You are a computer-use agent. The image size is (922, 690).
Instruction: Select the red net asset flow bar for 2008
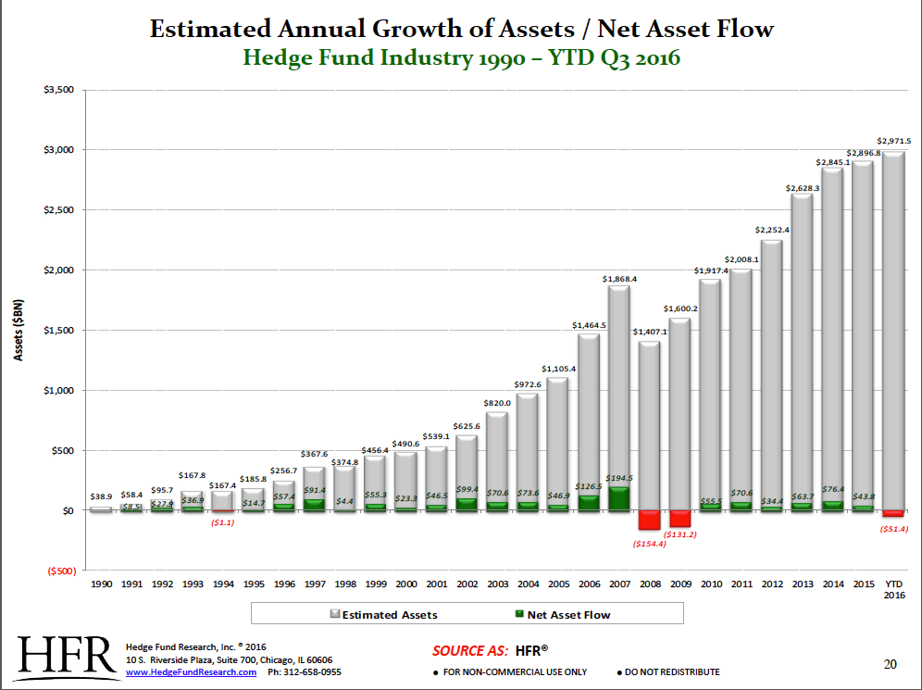click(649, 520)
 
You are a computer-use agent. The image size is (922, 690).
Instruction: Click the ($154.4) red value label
click(648, 544)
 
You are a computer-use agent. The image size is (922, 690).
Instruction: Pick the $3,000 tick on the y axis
click(58, 150)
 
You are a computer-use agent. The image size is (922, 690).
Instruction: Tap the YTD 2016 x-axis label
click(893, 591)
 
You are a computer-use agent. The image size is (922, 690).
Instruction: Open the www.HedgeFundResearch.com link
click(190, 672)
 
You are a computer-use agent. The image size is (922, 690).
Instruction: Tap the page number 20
click(890, 663)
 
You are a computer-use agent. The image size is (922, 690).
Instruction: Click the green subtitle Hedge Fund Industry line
click(461, 58)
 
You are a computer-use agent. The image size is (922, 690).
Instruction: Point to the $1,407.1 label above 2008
click(649, 332)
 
